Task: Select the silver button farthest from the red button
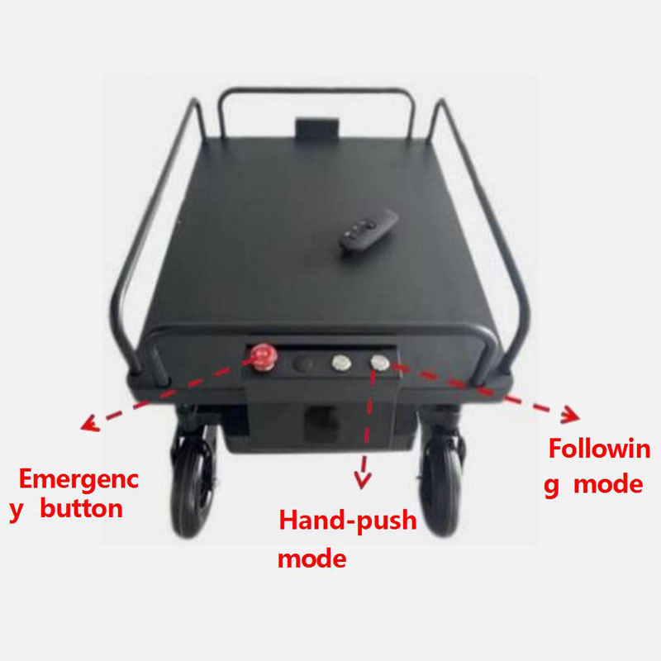[379, 362]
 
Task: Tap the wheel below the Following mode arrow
[444, 487]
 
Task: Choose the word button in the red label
[81, 508]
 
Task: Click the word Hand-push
[347, 522]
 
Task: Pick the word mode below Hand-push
[312, 559]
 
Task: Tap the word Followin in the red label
[600, 450]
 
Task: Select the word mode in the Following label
[608, 483]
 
